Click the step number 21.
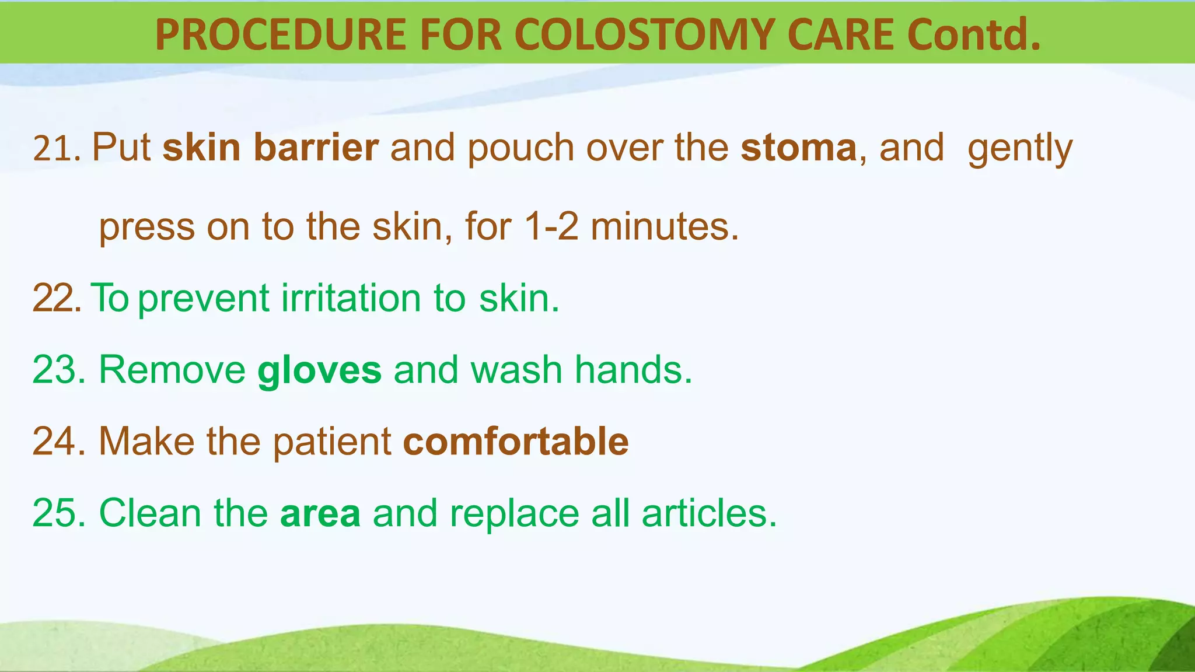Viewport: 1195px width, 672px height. (x=56, y=148)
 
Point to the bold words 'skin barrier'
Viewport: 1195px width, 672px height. (x=270, y=147)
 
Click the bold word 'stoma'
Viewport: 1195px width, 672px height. (x=798, y=148)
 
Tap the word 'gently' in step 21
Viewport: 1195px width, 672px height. (x=1019, y=149)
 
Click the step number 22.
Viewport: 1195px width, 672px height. (x=56, y=298)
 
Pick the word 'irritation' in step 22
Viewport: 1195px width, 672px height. (x=351, y=298)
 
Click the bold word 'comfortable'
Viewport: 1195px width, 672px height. (x=516, y=441)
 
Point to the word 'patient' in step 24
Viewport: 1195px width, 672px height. (x=332, y=442)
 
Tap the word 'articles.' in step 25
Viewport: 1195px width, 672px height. (x=709, y=513)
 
